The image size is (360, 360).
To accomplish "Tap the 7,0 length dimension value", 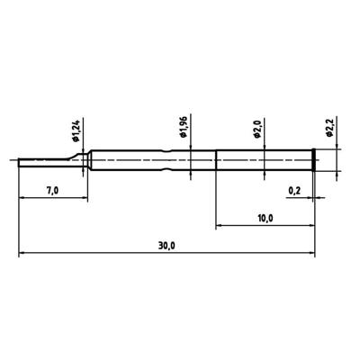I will pos(51,192).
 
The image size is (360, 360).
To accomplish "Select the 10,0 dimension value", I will pos(265,218).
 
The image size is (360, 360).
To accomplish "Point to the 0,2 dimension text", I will pos(293,191).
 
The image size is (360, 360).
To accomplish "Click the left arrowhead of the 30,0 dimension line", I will pos(22,253).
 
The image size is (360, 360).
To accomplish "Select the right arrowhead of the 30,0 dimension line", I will pos(310,253).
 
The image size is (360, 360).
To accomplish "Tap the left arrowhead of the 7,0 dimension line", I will pos(22,200).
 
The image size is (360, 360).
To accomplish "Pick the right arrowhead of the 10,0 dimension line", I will pos(310,226).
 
